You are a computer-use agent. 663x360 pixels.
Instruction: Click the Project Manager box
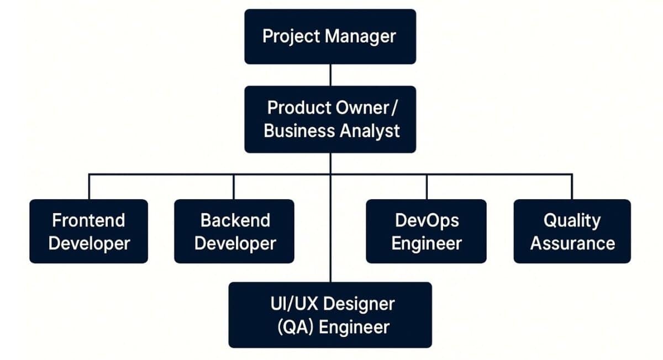tap(330, 36)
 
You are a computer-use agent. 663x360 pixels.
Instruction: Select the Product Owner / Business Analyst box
tap(330, 119)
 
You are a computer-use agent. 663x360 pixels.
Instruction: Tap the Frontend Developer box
tap(88, 231)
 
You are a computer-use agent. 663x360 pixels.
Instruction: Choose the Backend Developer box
tap(234, 231)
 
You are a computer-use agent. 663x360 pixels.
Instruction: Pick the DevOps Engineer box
tap(426, 231)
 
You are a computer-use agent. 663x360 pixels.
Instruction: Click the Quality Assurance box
tap(572, 231)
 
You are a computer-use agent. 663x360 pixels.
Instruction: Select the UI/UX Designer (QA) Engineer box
tap(330, 315)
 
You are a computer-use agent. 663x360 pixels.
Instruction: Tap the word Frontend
tap(88, 220)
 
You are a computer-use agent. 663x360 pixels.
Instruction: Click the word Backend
tap(235, 220)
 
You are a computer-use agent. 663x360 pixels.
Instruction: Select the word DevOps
tap(427, 220)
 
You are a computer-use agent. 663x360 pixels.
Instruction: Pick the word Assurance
tap(572, 243)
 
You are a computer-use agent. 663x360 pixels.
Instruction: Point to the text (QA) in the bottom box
tap(294, 326)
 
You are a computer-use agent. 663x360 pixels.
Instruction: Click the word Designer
tap(360, 304)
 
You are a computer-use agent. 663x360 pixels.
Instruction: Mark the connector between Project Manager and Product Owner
tap(330, 75)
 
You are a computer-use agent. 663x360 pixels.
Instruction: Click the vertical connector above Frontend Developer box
tap(89, 187)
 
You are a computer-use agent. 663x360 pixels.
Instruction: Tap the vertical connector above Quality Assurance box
tap(572, 187)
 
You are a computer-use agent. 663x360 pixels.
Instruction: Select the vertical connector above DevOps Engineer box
tap(427, 187)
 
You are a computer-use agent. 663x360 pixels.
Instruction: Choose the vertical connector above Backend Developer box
tap(234, 187)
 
